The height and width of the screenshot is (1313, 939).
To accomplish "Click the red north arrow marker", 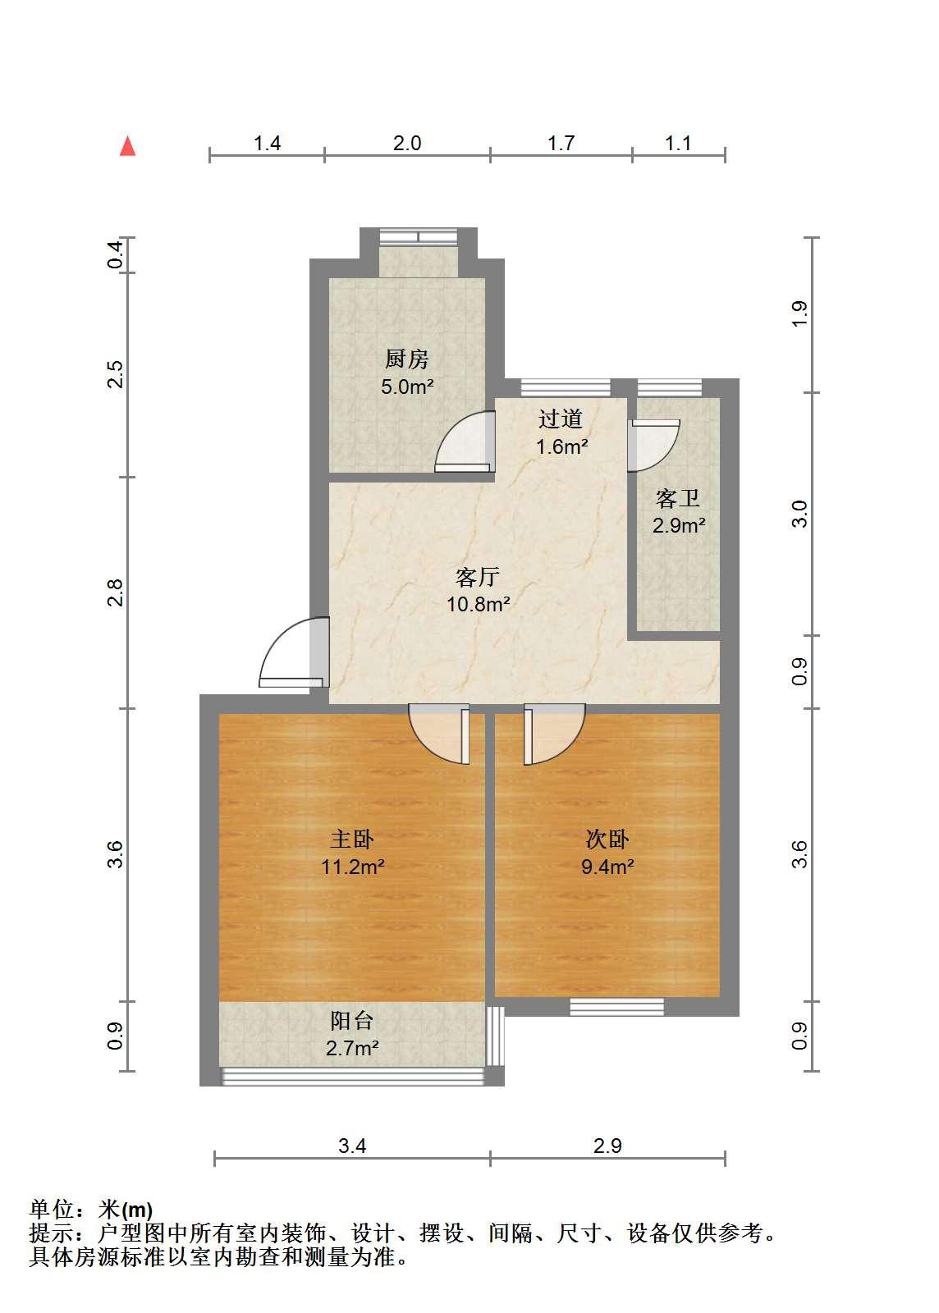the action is [127, 147].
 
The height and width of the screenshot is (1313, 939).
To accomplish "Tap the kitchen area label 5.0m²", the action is [407, 387].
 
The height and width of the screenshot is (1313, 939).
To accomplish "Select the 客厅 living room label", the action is [477, 578].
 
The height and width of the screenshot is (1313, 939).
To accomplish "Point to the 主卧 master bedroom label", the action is [351, 839].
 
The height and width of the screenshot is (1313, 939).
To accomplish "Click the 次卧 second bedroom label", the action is [607, 839].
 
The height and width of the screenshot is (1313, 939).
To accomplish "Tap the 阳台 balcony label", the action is [351, 1021].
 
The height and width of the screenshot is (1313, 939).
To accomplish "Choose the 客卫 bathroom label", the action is [678, 499].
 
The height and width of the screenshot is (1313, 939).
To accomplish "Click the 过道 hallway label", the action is [561, 419].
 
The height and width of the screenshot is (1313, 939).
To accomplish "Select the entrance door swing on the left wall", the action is [294, 652].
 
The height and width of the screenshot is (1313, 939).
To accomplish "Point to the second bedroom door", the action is [555, 734].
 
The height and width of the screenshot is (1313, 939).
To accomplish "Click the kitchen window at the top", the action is [418, 236].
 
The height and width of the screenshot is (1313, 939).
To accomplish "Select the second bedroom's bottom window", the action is [616, 1007].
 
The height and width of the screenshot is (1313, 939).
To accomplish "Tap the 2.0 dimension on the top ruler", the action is [407, 144].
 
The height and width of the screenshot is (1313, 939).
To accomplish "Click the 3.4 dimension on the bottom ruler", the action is [352, 1146].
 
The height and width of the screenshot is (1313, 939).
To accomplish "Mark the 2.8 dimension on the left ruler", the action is [116, 592].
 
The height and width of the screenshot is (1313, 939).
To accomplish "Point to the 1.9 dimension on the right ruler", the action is [799, 314].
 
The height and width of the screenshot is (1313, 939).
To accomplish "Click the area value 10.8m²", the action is [479, 604].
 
